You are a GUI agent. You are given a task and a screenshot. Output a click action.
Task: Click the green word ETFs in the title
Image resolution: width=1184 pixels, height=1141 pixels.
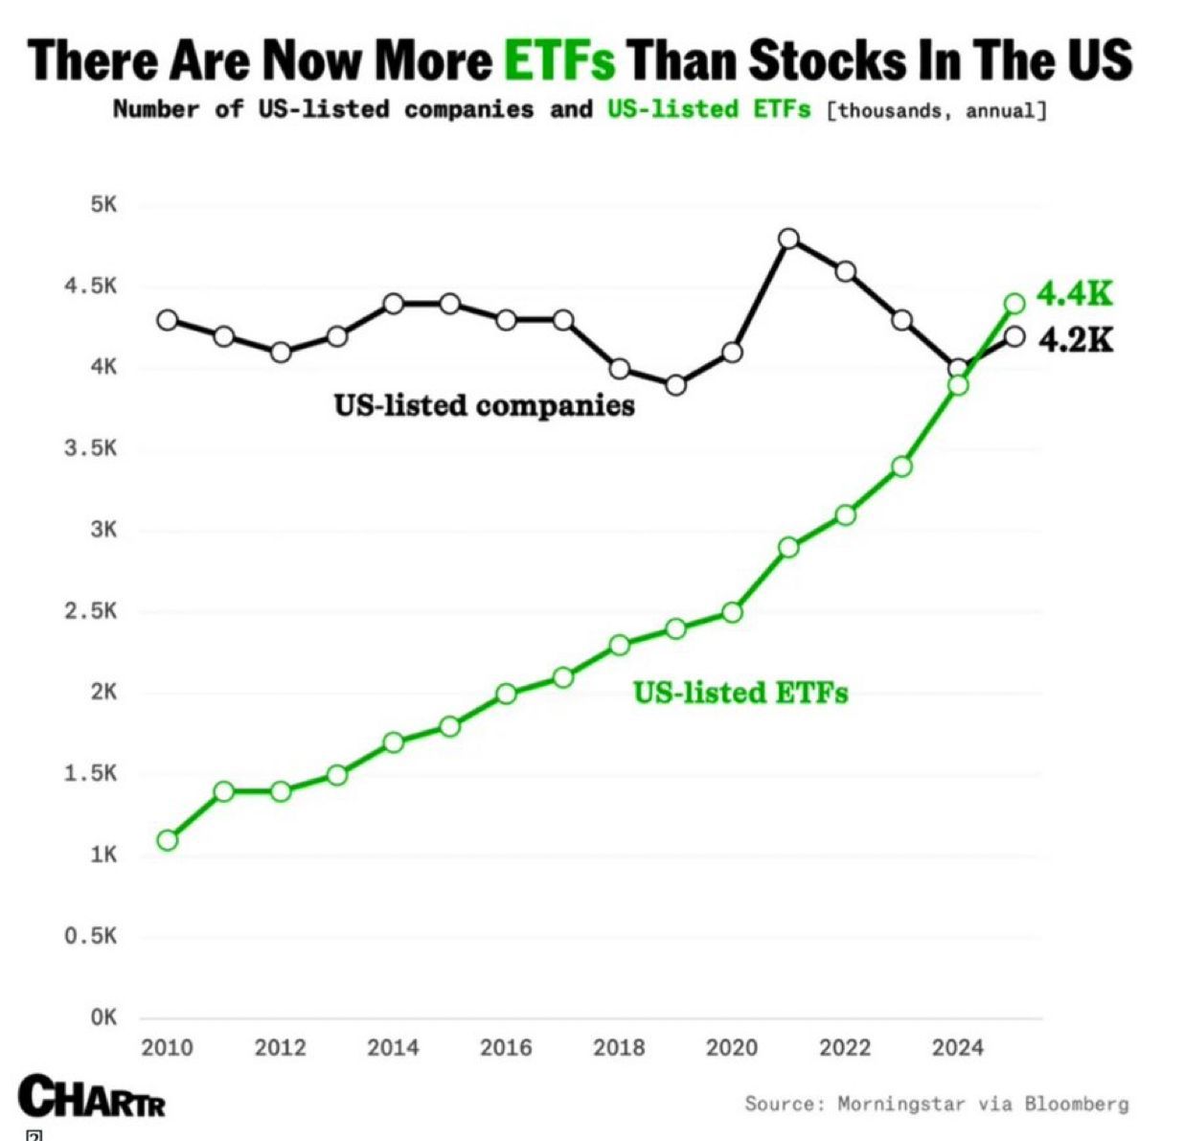559,60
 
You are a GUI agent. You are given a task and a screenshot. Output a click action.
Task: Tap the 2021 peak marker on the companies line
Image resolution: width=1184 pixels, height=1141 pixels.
788,239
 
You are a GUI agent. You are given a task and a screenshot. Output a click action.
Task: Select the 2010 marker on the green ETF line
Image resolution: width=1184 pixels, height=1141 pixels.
168,840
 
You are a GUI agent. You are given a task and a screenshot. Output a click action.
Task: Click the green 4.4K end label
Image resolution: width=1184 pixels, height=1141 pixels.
1075,294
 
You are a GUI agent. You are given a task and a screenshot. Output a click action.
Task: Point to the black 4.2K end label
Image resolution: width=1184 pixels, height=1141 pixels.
1076,339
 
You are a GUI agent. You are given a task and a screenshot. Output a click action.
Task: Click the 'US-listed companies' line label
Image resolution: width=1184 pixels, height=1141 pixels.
484,405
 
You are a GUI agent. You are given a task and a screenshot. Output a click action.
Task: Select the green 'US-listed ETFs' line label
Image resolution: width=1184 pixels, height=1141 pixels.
740,692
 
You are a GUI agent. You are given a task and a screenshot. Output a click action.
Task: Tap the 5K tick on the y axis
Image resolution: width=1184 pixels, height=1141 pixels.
103,205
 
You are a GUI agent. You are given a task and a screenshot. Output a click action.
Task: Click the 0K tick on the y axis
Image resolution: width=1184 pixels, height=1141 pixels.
103,1017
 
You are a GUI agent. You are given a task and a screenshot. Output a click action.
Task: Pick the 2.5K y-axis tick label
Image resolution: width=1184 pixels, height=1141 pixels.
91,611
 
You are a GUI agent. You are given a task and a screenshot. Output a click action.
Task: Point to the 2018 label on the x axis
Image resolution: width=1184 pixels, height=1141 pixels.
619,1048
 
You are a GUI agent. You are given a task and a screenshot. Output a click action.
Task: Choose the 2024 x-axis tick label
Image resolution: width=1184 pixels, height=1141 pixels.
958,1048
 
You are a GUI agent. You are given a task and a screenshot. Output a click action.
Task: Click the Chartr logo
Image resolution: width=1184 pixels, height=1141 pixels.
92,1098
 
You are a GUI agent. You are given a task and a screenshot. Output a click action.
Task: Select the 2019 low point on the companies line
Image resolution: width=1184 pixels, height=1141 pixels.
675,385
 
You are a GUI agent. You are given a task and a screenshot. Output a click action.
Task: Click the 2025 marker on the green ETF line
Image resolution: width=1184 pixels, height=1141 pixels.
1014,304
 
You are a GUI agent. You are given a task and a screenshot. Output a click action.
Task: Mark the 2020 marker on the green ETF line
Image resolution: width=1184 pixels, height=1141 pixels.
732,612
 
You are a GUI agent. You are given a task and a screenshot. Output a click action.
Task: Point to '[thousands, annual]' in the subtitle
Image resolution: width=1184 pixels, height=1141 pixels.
935,110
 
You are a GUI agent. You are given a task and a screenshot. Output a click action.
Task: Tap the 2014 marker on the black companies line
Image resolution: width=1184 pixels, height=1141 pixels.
394,304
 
